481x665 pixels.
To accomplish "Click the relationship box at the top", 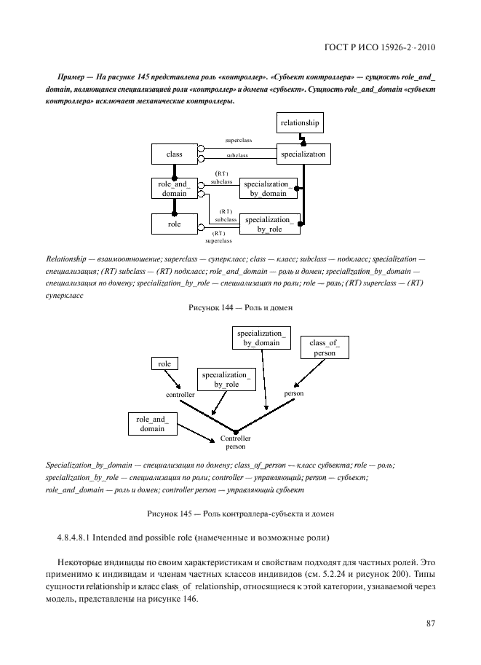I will pos(300,124).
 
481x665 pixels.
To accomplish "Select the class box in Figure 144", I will pos(174,154).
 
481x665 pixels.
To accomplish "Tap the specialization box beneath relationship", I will pos(303,154).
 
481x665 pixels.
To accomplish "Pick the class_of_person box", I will pos(325,347).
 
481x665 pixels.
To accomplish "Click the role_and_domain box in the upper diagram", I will pos(174,189).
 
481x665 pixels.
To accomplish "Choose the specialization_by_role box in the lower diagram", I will pos(226,379).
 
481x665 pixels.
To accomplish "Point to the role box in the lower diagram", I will pos(164,363).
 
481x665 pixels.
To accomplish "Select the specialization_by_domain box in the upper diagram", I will pos(269,189).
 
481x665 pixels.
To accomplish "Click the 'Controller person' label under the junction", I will pos(236,443).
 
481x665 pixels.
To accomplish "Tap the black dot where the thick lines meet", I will pos(235,431).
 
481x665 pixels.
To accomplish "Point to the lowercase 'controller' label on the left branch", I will pos(180,394).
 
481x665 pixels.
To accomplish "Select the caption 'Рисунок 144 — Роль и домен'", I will pos(240,308).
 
